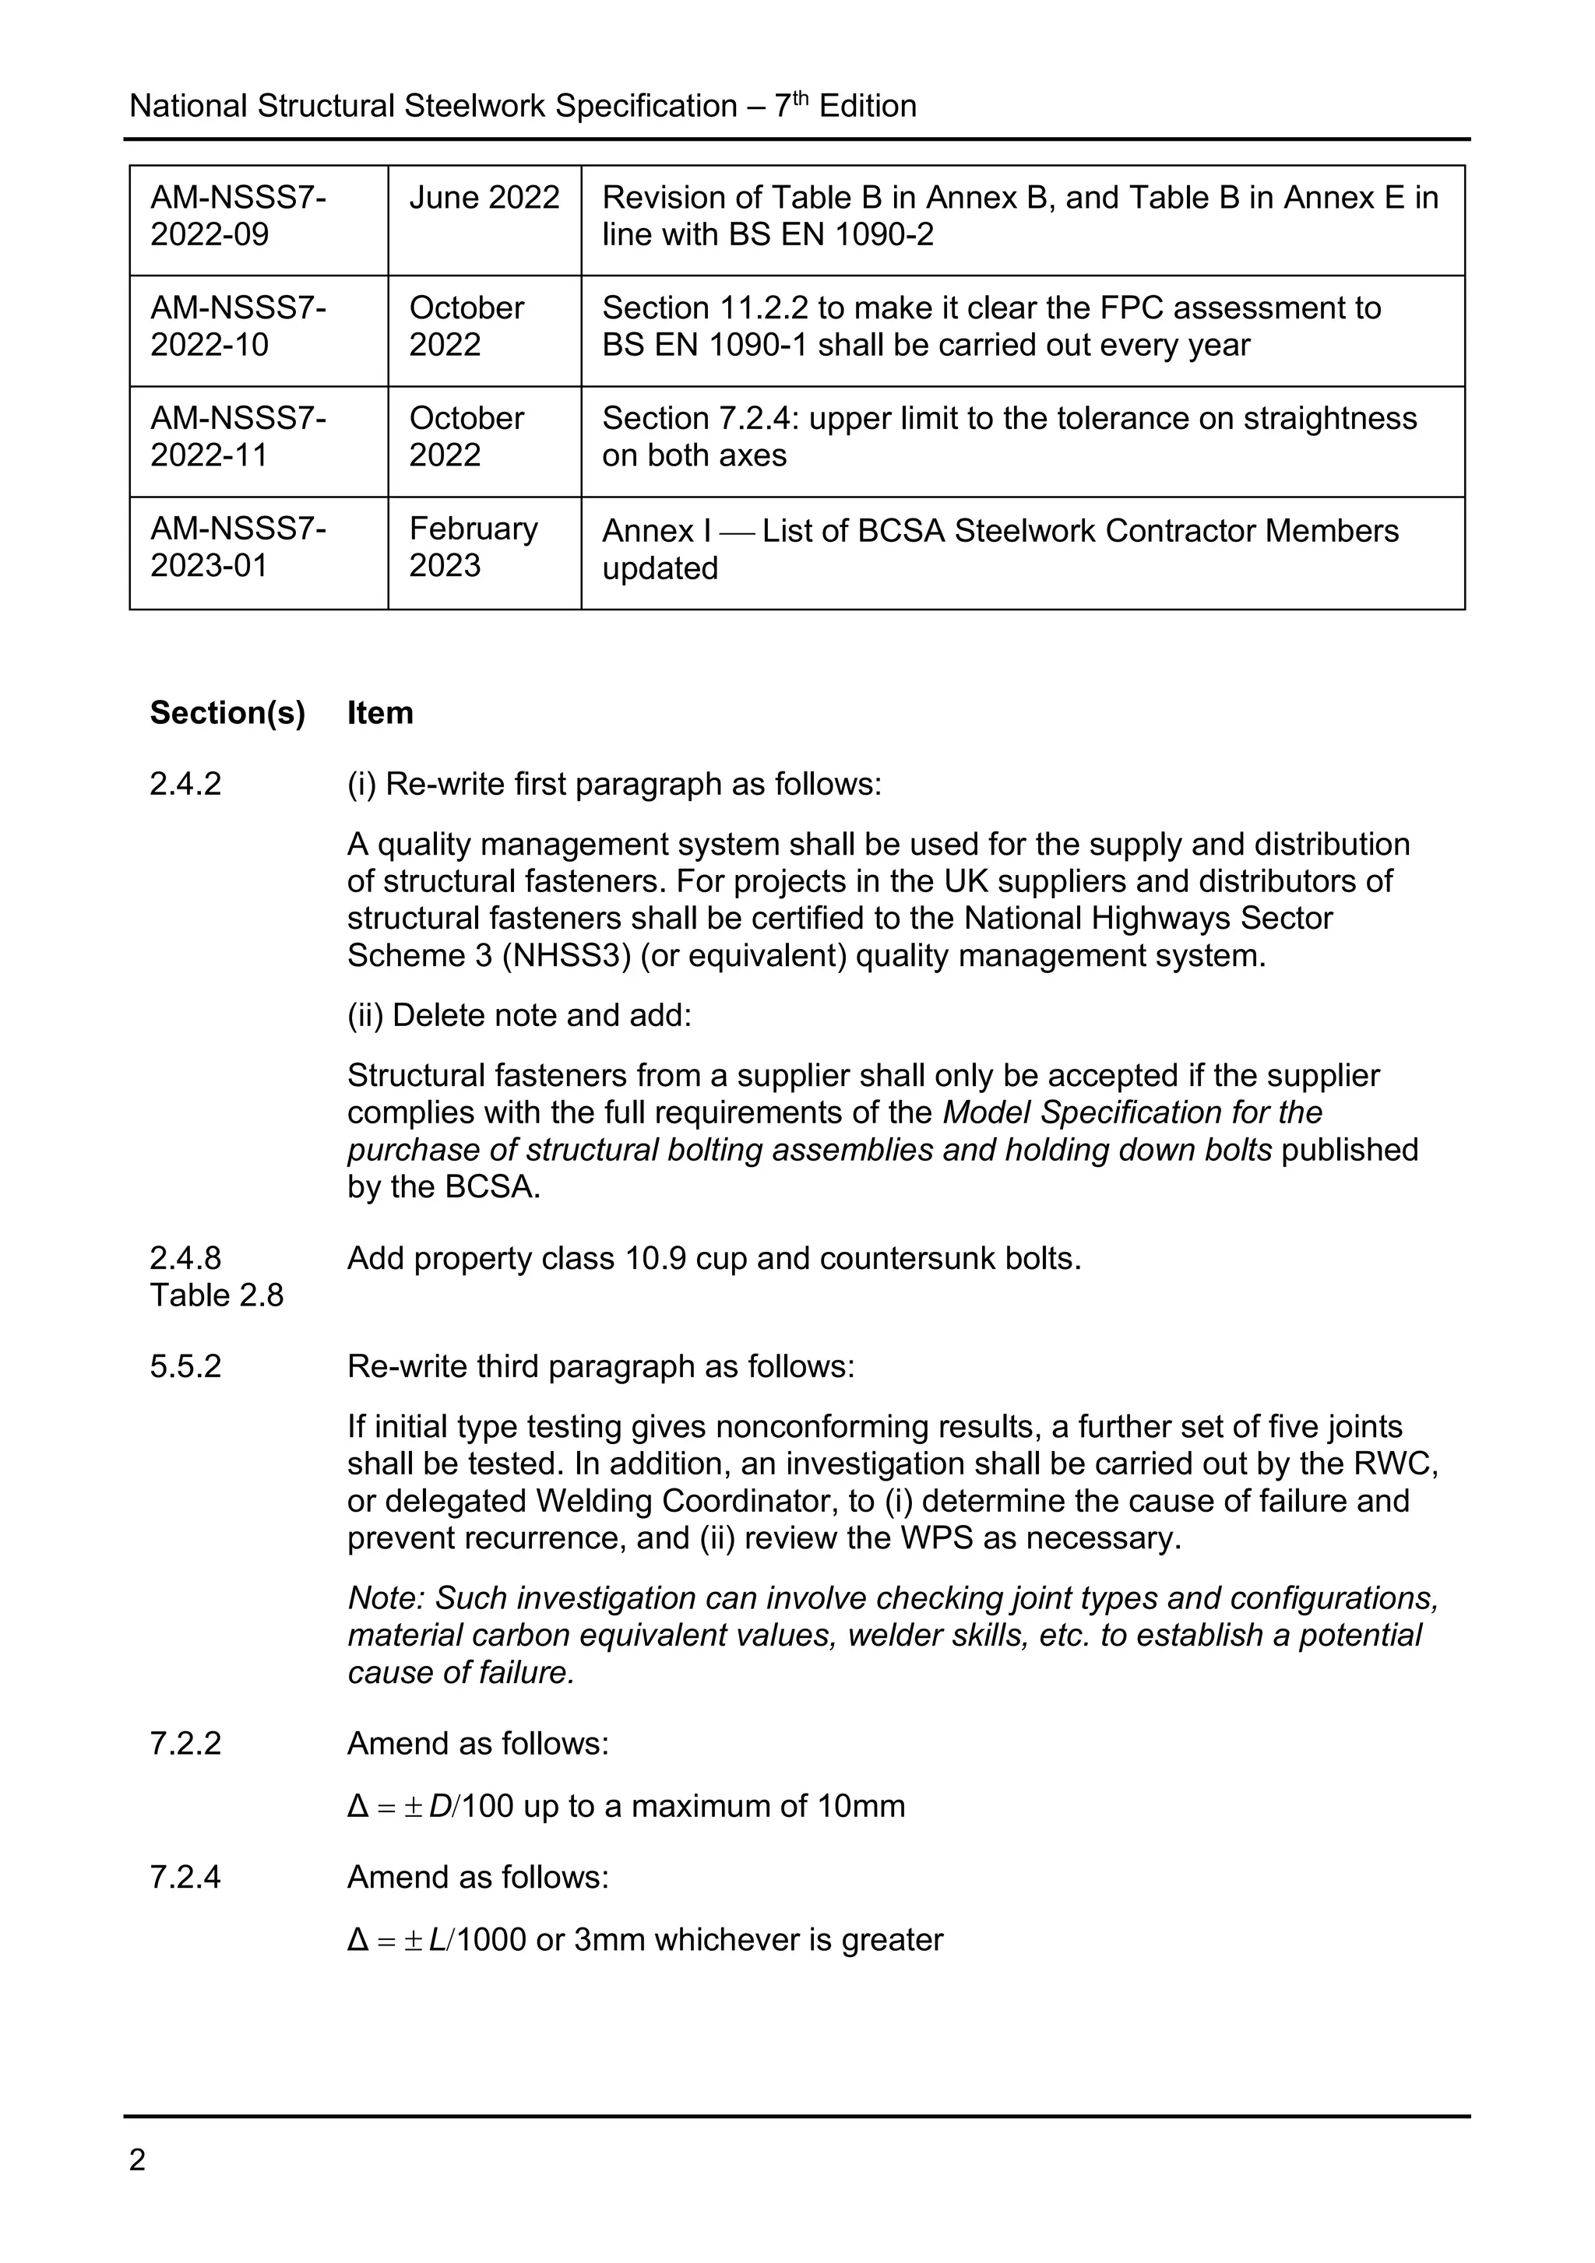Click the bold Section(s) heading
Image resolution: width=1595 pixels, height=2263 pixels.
tap(227, 712)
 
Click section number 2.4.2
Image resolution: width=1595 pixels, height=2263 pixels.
tap(185, 784)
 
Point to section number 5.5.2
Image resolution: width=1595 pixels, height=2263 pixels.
tap(185, 1366)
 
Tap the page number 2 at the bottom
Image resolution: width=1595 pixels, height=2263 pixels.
tap(137, 2160)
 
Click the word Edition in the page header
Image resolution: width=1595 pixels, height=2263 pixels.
tap(868, 107)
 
